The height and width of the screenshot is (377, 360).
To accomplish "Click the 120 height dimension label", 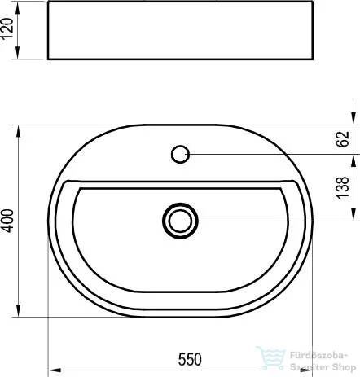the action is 7,29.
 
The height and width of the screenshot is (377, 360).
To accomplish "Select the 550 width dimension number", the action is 190,359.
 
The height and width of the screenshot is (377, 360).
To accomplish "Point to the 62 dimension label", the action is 343,138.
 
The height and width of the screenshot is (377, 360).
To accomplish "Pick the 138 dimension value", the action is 343,187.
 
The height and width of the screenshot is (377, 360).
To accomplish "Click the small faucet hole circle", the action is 180,154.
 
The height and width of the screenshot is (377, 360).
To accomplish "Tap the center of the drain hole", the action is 180,221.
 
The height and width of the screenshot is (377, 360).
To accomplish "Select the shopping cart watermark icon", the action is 270,358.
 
